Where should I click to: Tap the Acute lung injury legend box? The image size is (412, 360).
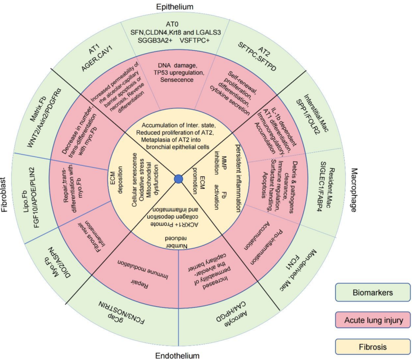373,320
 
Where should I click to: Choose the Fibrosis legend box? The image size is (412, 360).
373,347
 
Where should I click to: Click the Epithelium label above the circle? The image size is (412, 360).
174,6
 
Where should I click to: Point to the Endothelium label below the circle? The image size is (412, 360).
177,356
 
